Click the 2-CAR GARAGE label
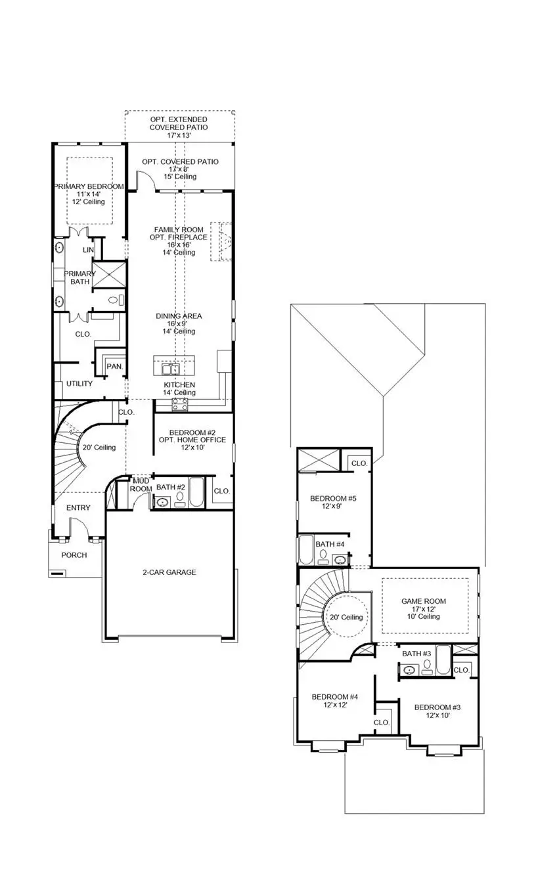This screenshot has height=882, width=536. (x=169, y=572)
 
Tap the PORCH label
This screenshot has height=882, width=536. (x=74, y=555)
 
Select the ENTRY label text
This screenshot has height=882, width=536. (x=78, y=508)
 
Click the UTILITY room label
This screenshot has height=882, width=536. (x=79, y=384)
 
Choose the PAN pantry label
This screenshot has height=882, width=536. (x=114, y=366)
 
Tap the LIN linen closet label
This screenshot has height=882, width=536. (x=88, y=250)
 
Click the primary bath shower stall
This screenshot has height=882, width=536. (x=108, y=274)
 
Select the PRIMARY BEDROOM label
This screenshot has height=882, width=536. (x=89, y=187)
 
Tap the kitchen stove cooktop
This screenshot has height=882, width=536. (x=180, y=404)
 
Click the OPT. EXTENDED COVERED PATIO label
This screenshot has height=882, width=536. (x=179, y=123)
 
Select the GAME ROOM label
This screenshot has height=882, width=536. (x=424, y=601)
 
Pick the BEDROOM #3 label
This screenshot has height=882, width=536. (x=437, y=707)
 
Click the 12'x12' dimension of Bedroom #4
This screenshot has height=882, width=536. (x=335, y=705)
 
